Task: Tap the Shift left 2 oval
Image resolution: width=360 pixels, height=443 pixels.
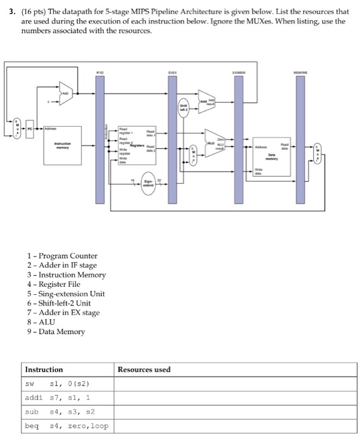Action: pos(183,109)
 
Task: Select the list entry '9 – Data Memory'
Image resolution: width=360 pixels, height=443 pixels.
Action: pos(56,331)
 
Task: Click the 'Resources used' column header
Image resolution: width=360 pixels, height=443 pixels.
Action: pos(144,369)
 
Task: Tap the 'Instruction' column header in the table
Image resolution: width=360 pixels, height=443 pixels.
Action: pos(44,369)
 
